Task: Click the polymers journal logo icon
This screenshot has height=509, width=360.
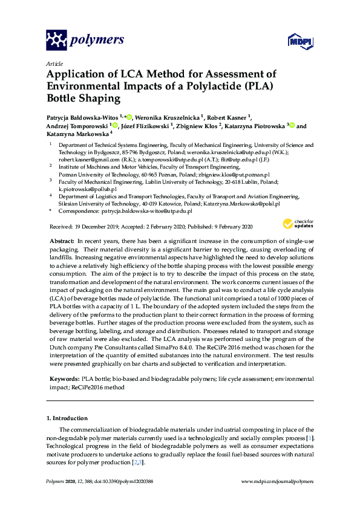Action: pyautogui.click(x=56, y=41)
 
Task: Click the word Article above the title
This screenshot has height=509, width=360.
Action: pyautogui.click(x=54, y=63)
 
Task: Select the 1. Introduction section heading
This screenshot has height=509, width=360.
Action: pyautogui.click(x=67, y=418)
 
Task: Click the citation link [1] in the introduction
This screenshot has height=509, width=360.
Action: pyautogui.click(x=310, y=437)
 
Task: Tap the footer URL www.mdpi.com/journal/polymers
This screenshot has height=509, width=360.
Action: pyautogui.click(x=278, y=481)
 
